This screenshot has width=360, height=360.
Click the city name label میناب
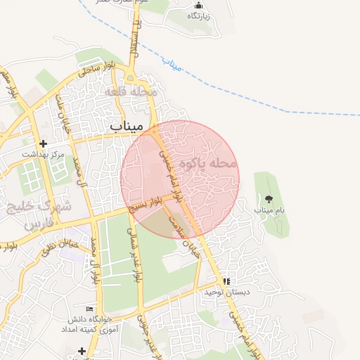[x=126, y=125]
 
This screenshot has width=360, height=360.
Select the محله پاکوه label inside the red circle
[x=209, y=164]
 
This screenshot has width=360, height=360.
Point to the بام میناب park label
[x=266, y=210]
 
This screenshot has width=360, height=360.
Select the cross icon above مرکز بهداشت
[x=43, y=143]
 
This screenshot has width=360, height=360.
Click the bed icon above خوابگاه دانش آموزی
[x=89, y=309]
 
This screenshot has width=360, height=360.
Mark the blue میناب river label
[x=172, y=64]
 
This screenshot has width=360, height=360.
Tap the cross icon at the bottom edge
[x=82, y=350]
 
